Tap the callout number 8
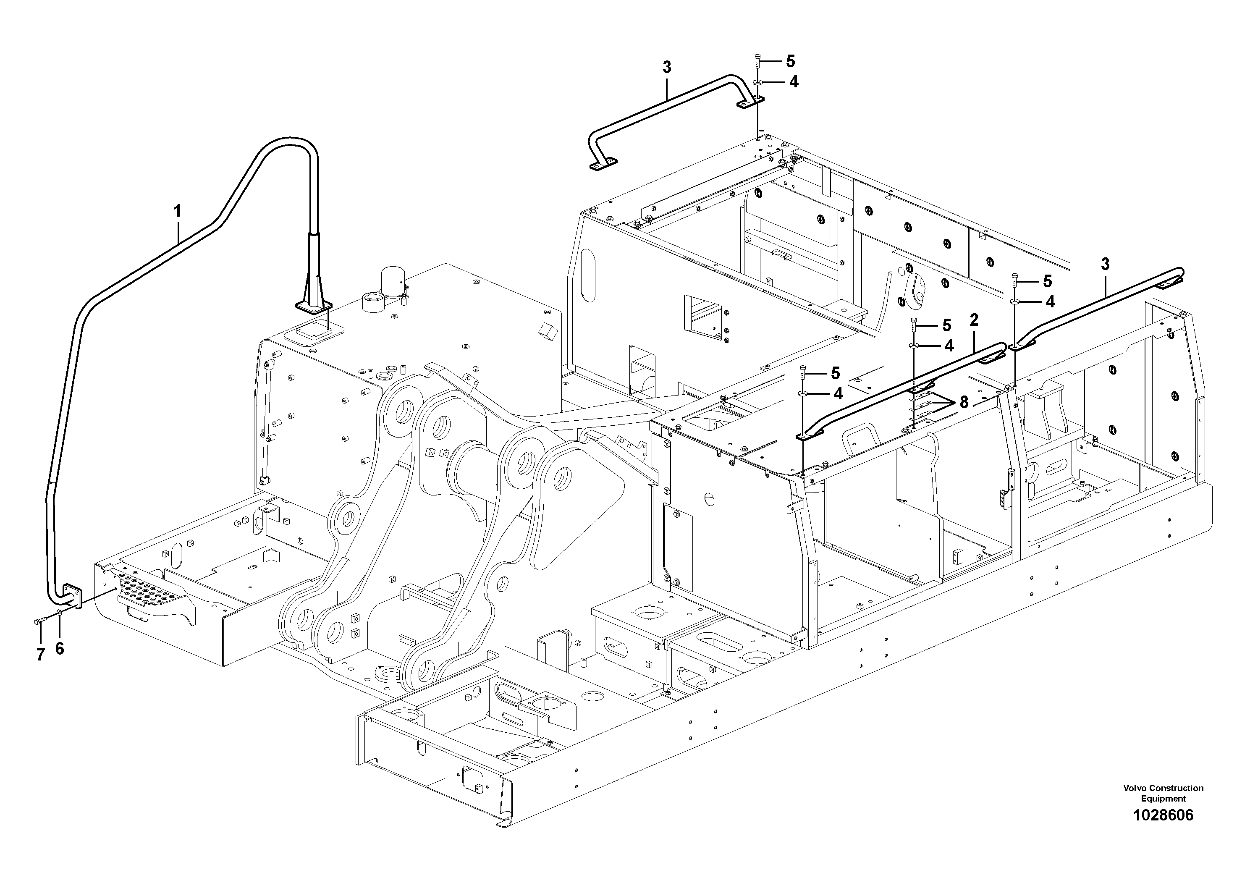coord(964,402)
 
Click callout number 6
coord(59,648)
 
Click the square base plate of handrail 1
coord(314,307)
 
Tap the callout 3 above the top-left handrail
coord(666,68)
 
